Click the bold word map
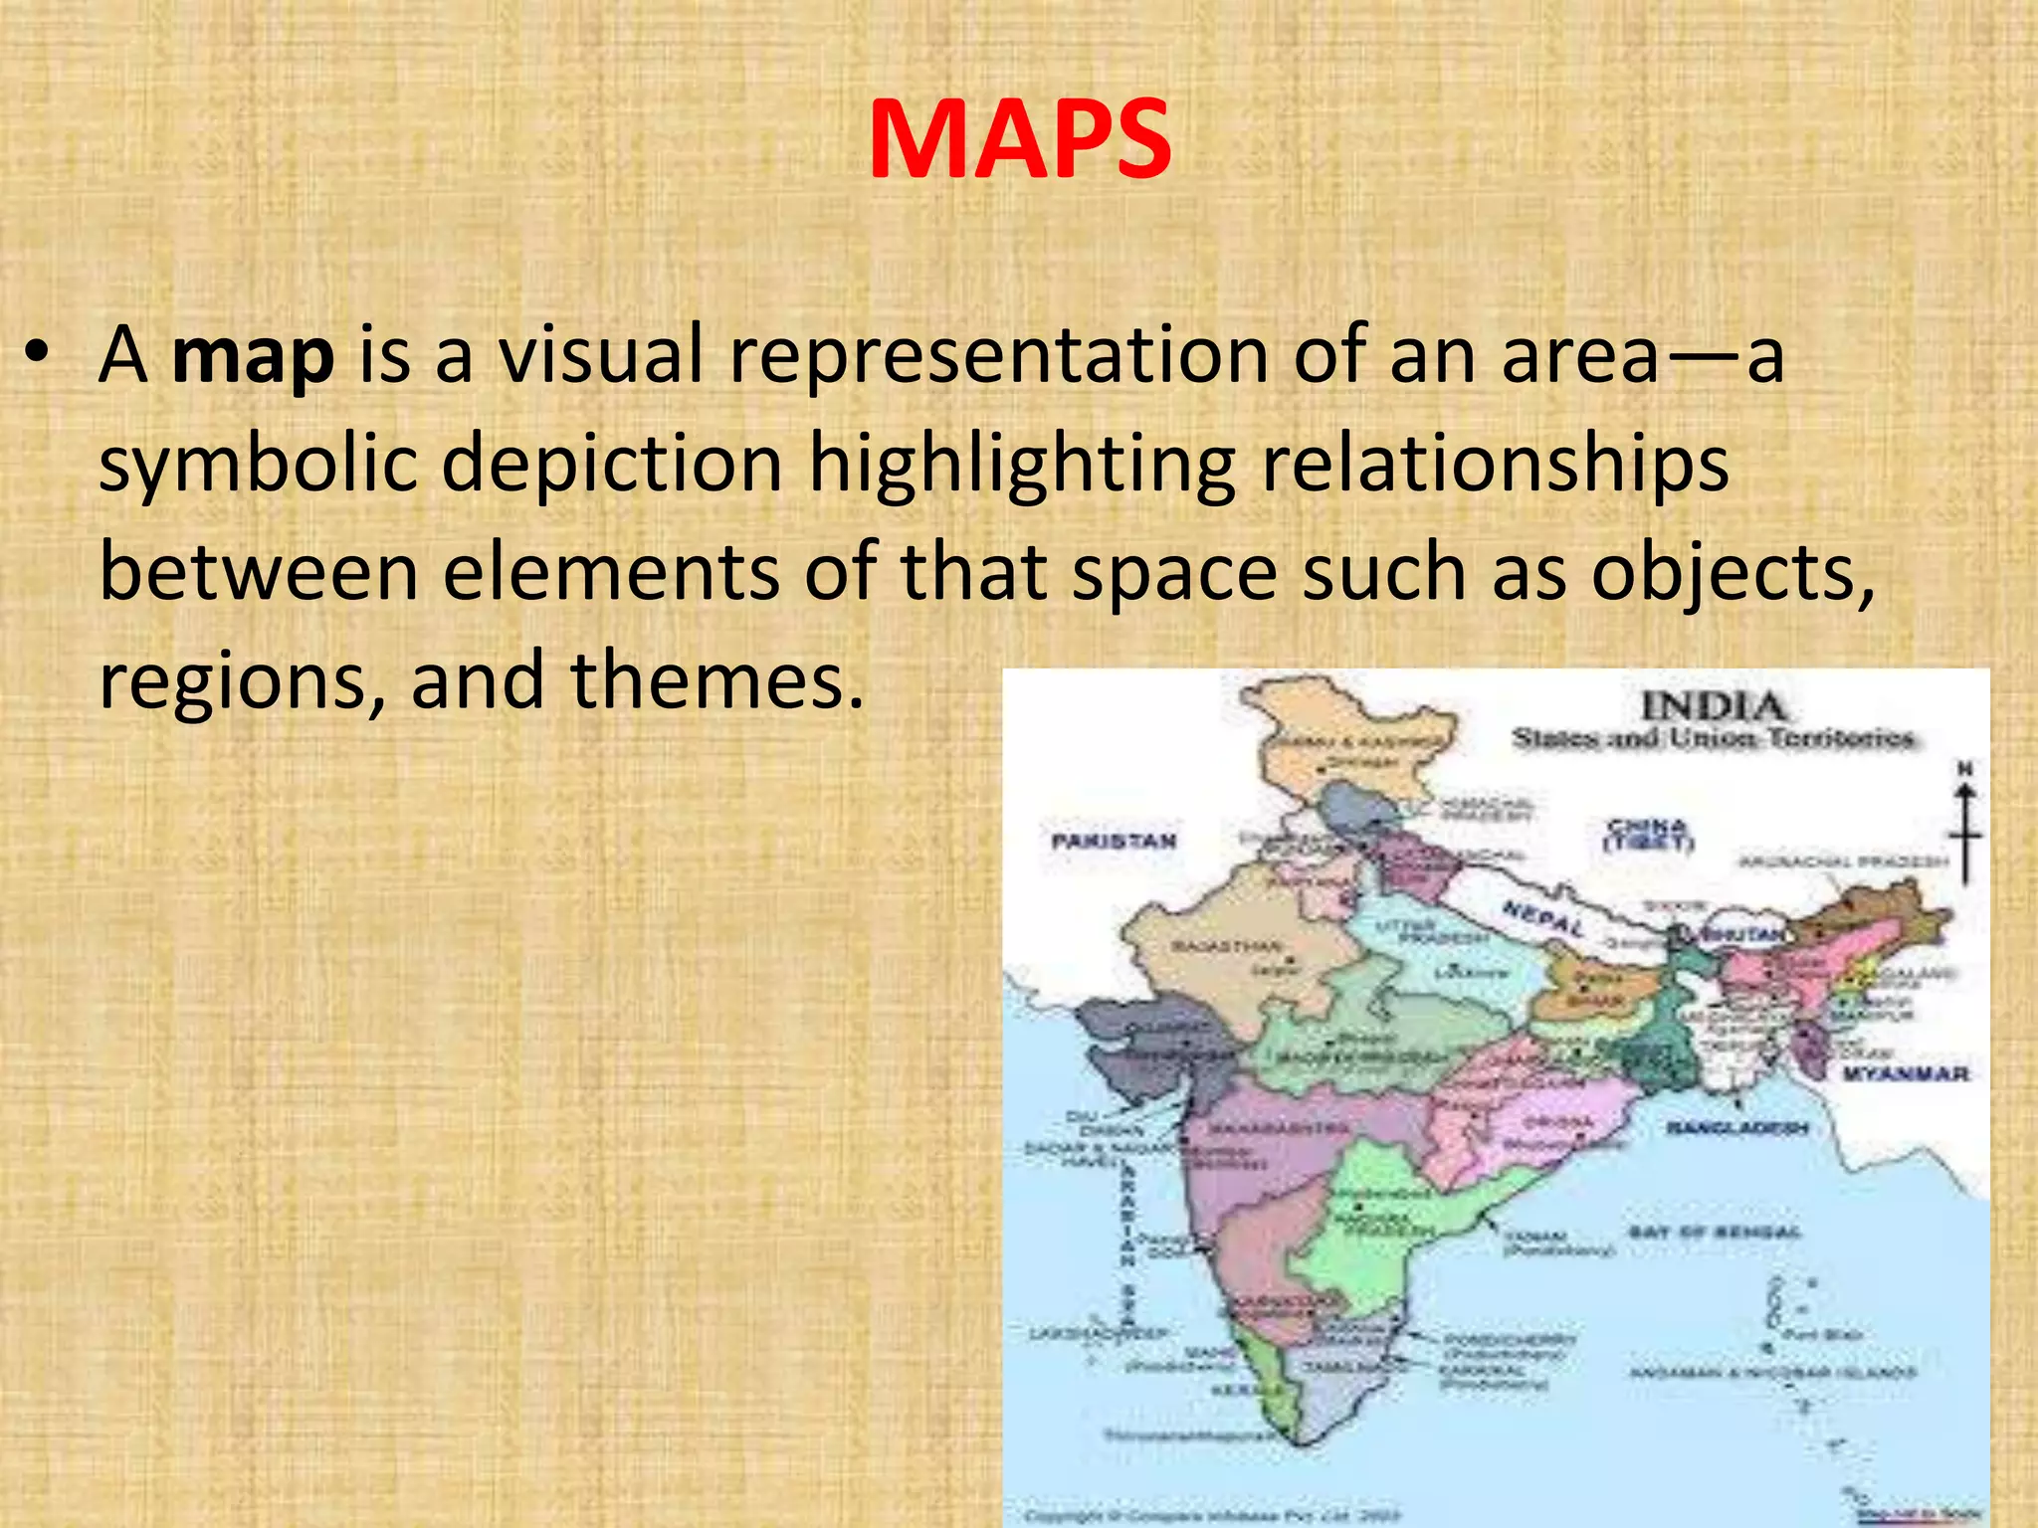pos(253,356)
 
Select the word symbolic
pos(257,464)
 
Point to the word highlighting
pos(1021,464)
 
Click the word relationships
pos(1495,464)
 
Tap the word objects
pos(1732,574)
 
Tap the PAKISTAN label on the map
pos(1114,841)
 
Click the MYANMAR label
pos(1905,1073)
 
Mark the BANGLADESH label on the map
pos(1736,1128)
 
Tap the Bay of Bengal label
pos(1714,1232)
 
